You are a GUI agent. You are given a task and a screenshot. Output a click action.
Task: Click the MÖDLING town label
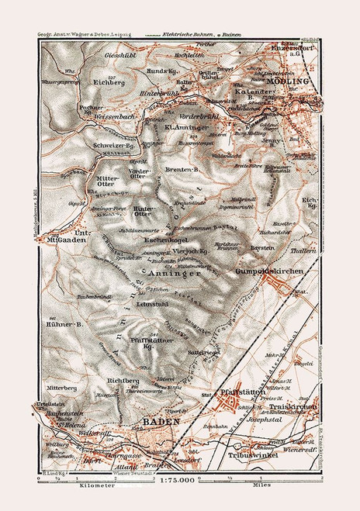point(288,81)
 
